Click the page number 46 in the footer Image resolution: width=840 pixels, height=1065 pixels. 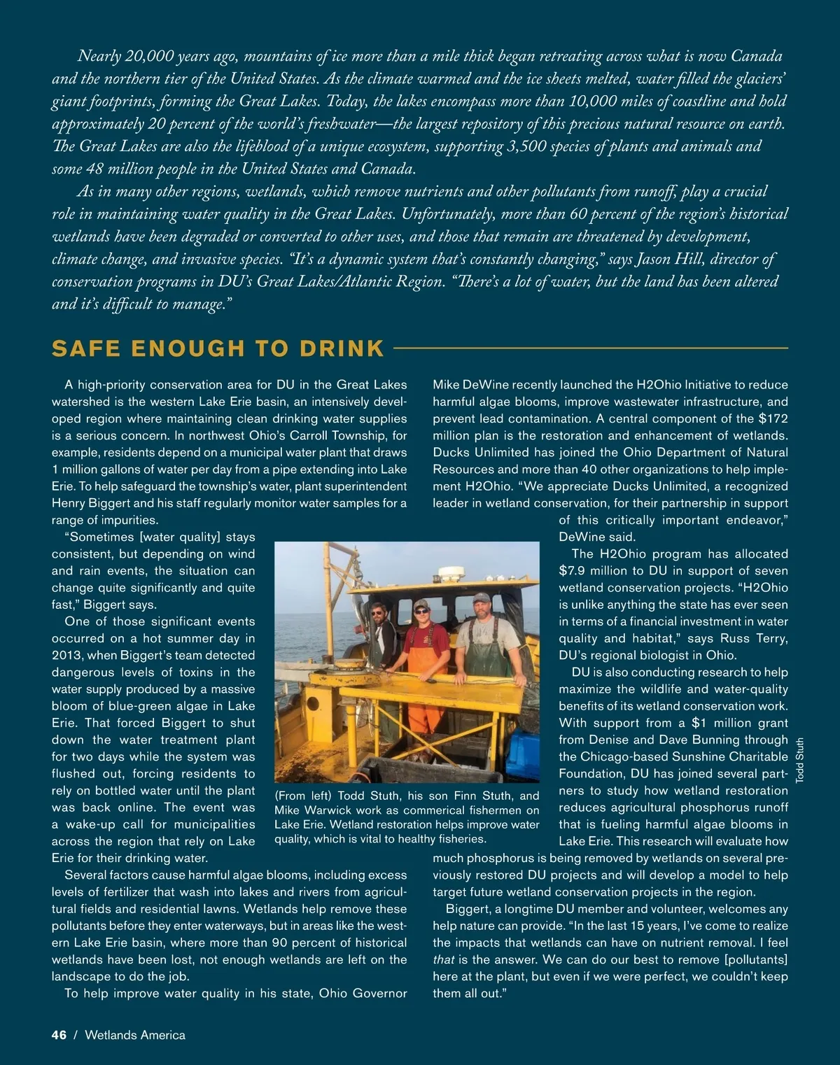(59, 1035)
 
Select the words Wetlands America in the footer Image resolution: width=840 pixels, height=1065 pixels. (135, 1035)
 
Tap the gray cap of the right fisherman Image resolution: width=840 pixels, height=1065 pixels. (482, 598)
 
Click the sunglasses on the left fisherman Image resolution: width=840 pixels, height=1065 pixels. (378, 612)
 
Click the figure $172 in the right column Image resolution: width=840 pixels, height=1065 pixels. (773, 418)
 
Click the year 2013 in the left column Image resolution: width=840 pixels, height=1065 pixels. (65, 656)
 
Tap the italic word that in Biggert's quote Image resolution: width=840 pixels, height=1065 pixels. (444, 960)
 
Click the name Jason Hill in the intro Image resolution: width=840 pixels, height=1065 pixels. (671, 259)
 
